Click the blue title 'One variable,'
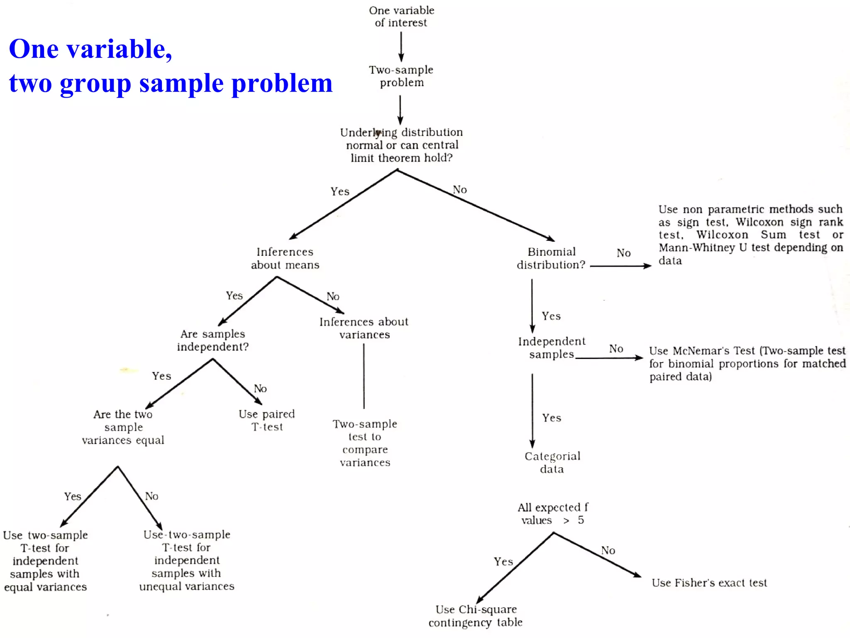(x=90, y=49)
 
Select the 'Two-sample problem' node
(x=401, y=76)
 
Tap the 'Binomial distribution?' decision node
(x=551, y=258)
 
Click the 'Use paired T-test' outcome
(x=267, y=420)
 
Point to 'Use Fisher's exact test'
(x=709, y=583)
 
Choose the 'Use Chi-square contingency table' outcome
(x=476, y=616)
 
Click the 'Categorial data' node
(x=552, y=462)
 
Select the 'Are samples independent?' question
(x=213, y=340)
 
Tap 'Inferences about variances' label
(x=364, y=328)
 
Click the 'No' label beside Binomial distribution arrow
(x=623, y=253)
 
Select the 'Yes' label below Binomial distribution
(x=551, y=316)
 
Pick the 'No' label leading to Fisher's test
(x=608, y=550)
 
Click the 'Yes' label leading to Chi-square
(x=503, y=562)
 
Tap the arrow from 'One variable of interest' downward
(x=401, y=47)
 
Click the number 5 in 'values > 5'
(x=581, y=520)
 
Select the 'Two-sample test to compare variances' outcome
(x=365, y=443)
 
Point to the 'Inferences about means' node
(x=285, y=258)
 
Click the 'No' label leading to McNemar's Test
(x=616, y=348)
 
